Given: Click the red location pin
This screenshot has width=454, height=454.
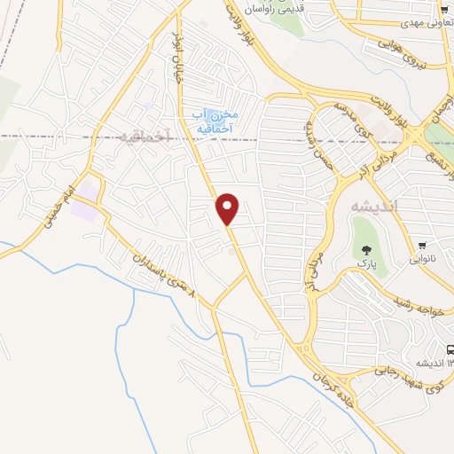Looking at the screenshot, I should point(228,208).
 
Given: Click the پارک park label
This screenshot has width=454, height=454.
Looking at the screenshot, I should point(364,263).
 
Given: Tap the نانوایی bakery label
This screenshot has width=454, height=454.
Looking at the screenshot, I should point(423,263).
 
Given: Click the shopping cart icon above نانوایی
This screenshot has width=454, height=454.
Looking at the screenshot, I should point(423,246).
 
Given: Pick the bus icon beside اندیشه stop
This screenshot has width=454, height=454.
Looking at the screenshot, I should point(450,349).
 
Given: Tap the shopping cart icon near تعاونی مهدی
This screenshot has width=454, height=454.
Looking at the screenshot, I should point(445,6).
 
